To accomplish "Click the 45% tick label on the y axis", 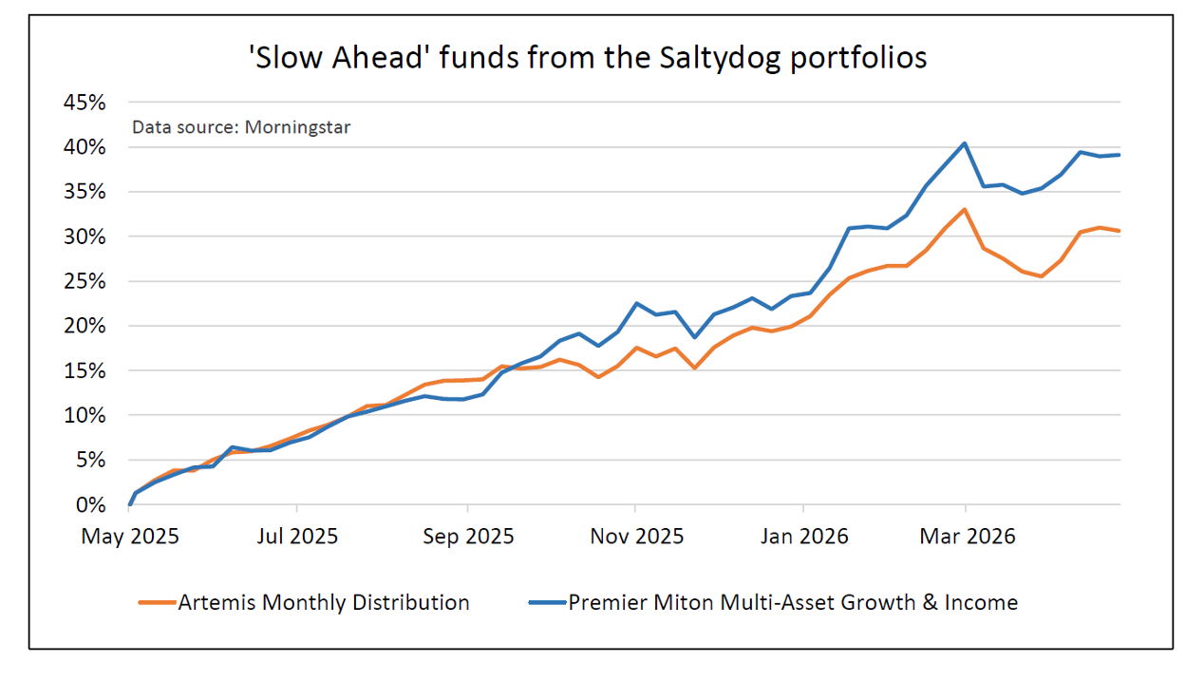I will coord(85,103).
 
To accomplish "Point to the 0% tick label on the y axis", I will coord(91,504).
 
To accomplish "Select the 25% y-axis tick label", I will coord(85,281).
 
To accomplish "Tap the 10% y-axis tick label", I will coord(85,415).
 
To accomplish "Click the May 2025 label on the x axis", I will coord(130,537).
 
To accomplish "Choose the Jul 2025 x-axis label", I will coord(297,537).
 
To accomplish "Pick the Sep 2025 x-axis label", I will coord(466,537).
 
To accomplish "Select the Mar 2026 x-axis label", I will coord(966,537).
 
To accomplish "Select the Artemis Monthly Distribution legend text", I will coord(324,602).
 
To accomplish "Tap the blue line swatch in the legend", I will coord(547,603).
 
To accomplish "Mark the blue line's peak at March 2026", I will coord(965,143).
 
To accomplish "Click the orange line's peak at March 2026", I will coord(965,209).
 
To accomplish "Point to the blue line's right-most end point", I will coord(1120,155).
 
